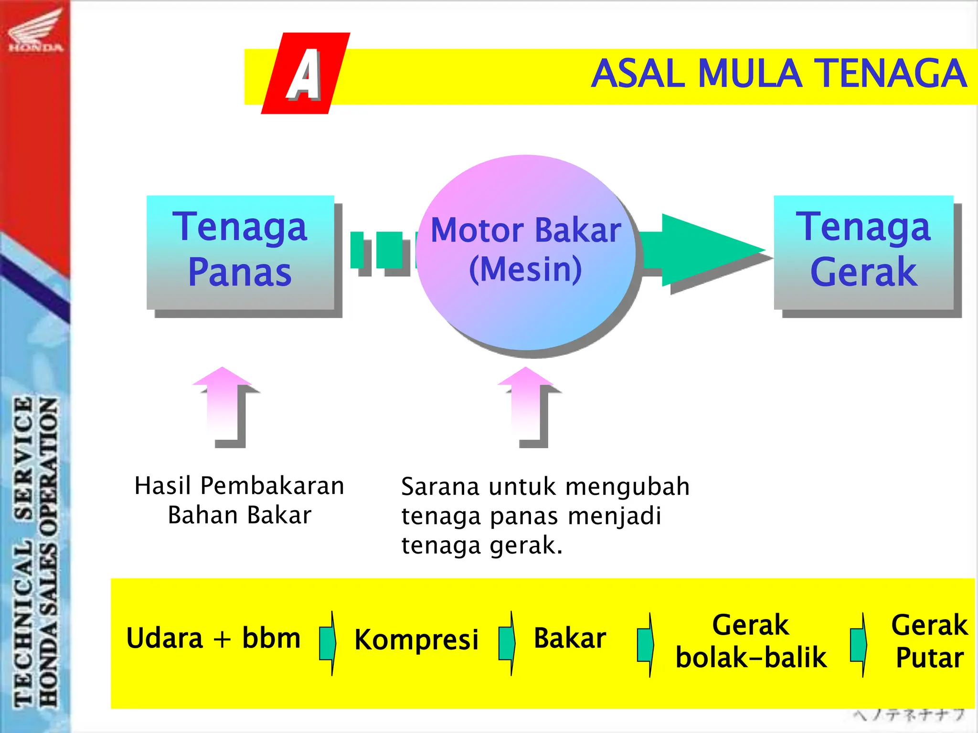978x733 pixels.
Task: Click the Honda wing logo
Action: [35, 30]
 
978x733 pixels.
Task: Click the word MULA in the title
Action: [750, 74]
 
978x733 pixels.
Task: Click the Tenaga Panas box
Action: [240, 251]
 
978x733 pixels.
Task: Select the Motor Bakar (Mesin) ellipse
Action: [525, 252]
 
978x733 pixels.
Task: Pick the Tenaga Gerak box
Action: [863, 251]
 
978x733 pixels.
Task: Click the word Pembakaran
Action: [272, 486]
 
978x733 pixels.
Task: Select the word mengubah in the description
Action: [627, 487]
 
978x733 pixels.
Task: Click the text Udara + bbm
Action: [213, 638]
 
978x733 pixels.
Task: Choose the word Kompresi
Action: [416, 639]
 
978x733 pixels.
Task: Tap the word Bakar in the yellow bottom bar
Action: [570, 638]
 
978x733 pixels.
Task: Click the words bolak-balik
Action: [751, 658]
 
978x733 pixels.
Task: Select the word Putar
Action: [929, 658]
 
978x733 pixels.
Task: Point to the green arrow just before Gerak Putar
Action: [859, 645]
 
